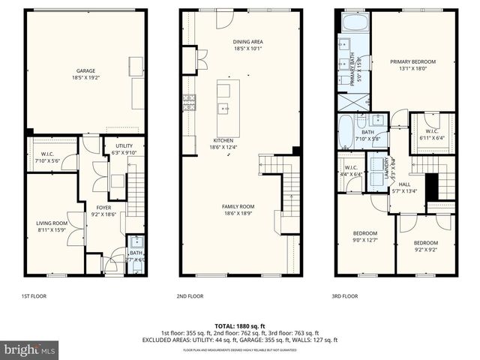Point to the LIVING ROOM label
(52, 223)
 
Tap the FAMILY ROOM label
(238, 206)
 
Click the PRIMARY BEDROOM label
(412, 61)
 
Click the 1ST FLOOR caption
(34, 296)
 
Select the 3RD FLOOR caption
(345, 296)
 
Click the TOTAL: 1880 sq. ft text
(240, 326)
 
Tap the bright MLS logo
(29, 349)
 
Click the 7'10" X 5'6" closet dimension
(51, 159)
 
